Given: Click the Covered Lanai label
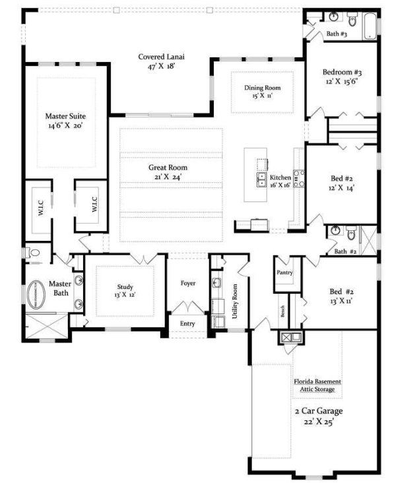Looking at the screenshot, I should coord(161,57).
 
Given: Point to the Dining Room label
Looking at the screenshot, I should coord(262,88).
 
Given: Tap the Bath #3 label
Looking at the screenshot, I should coord(336,34).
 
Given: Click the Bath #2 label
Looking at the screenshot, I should coord(345,251).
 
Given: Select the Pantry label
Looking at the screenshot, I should coord(285,272).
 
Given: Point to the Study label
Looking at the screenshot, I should coord(125,287).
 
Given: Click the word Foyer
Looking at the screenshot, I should coord(188,284).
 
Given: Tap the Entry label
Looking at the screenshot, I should coord(188,323).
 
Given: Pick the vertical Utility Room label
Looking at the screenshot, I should coord(234,302).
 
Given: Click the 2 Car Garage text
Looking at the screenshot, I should coord(319,410).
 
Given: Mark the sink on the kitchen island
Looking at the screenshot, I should coord(262,177).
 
